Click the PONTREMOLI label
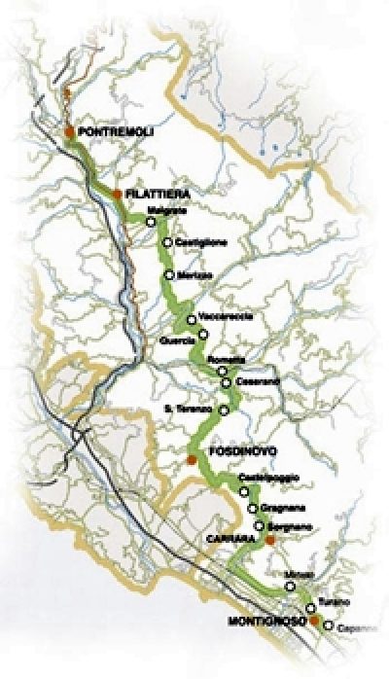click(115, 131)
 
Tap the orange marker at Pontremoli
click(69, 131)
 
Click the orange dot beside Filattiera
click(118, 195)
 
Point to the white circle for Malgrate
click(151, 221)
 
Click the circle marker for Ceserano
click(227, 381)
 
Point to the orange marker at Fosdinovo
click(192, 458)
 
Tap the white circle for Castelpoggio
click(244, 492)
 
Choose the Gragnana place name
click(280, 509)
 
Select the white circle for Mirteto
click(290, 587)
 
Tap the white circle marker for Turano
click(312, 608)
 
